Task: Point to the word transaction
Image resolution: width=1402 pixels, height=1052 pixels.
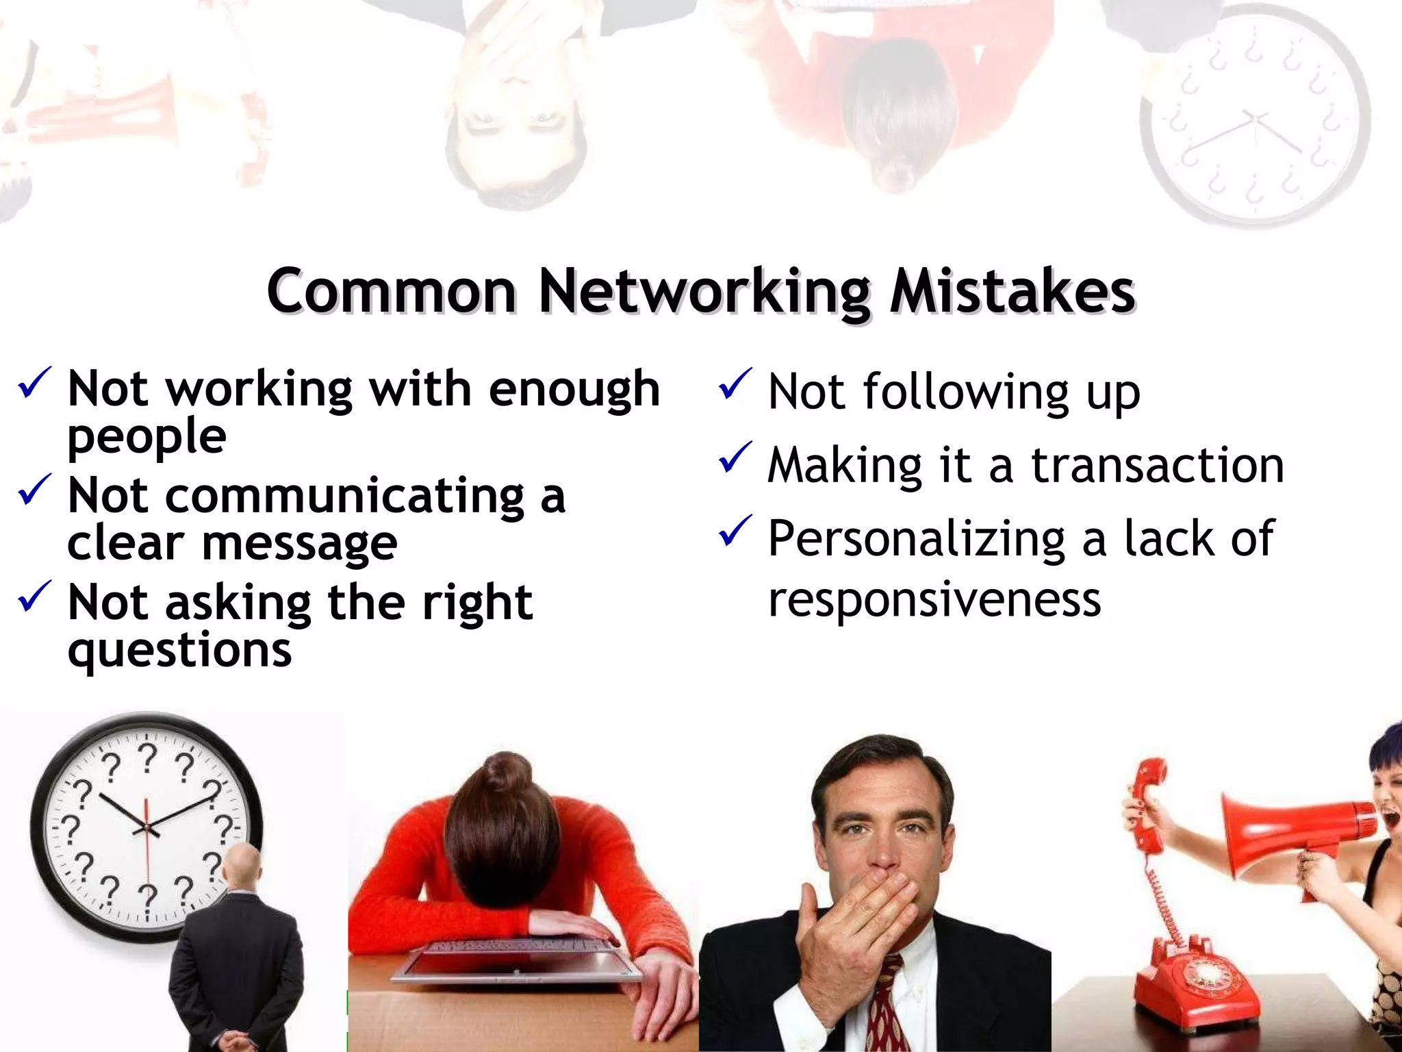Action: tap(1158, 466)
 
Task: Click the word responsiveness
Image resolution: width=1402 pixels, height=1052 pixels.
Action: tap(934, 599)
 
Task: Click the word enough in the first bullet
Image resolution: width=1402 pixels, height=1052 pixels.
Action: tap(574, 389)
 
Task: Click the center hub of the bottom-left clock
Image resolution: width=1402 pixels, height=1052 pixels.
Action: tap(146, 828)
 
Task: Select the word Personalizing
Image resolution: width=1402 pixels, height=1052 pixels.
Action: tap(917, 539)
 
